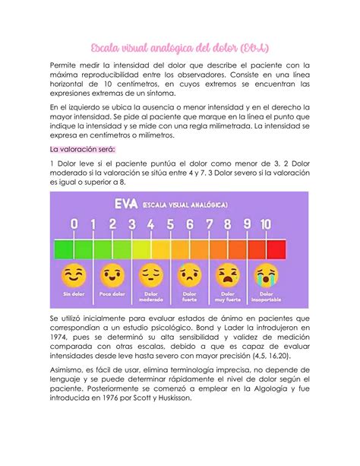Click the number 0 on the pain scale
tap(74, 224)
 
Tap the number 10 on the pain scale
tap(265, 224)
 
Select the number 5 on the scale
tap(169, 224)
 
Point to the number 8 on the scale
tap(227, 224)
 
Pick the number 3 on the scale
tap(131, 224)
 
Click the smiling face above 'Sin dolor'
tap(74, 272)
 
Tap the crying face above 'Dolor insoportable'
tap(265, 272)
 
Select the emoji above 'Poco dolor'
tap(112, 272)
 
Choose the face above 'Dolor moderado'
tap(150, 272)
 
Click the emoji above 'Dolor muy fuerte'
tap(227, 272)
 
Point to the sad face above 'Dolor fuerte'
tap(189, 272)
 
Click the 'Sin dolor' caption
tap(74, 293)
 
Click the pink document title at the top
tap(180, 49)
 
